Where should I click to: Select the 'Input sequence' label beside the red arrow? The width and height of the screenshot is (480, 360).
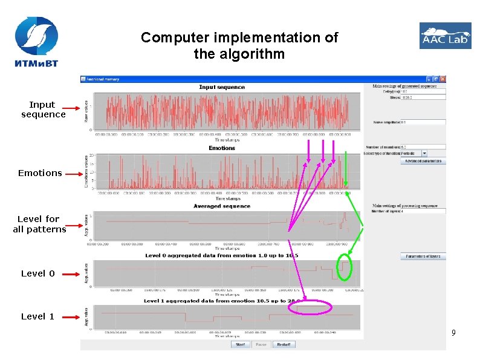(43, 110)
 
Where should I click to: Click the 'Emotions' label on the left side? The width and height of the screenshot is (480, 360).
(40, 173)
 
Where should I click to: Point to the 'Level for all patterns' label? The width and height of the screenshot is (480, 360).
(39, 224)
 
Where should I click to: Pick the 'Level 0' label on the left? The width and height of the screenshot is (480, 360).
(37, 273)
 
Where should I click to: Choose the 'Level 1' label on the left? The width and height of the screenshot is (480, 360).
(37, 316)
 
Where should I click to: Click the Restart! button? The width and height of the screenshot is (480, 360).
(284, 344)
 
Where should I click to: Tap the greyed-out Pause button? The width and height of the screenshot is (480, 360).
(261, 344)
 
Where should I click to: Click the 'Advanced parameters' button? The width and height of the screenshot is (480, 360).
(423, 162)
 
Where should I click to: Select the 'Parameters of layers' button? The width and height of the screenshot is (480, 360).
(423, 257)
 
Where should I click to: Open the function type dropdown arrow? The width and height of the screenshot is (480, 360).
(424, 154)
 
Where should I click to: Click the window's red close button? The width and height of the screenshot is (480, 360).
(443, 79)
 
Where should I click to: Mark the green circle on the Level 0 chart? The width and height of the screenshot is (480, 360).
(345, 268)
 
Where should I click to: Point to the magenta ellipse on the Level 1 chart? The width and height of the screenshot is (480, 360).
(310, 307)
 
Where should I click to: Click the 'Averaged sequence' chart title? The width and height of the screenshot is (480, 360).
(221, 206)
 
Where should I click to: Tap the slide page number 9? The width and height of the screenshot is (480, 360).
(453, 332)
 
